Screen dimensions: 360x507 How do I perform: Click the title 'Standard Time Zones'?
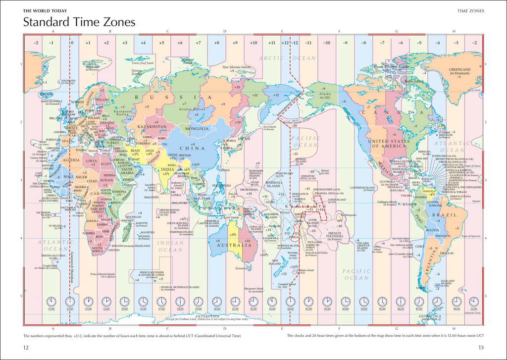pyautogui.click(x=79, y=22)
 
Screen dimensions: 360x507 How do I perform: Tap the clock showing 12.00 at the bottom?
pyautogui.click(x=70, y=301)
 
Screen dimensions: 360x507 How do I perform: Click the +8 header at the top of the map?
pyautogui.click(x=216, y=43)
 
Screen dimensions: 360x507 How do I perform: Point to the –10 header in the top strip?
pyautogui.click(x=327, y=43)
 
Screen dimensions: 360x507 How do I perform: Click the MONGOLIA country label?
pyautogui.click(x=197, y=129)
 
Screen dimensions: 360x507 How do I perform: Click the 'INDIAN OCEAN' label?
pyautogui.click(x=170, y=246)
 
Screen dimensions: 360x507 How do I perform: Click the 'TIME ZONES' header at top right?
pyautogui.click(x=470, y=10)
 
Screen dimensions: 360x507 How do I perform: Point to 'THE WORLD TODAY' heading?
pyautogui.click(x=45, y=10)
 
